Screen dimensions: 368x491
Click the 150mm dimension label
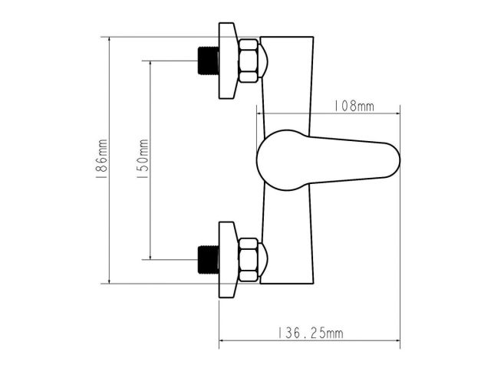click(141, 159)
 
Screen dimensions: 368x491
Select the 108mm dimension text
click(352, 107)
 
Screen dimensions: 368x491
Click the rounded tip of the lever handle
click(387, 159)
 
